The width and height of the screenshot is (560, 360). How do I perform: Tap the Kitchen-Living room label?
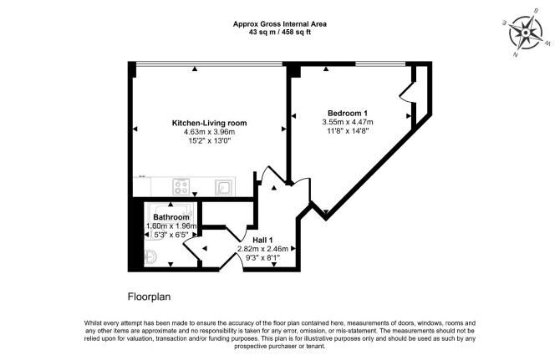tap(209, 123)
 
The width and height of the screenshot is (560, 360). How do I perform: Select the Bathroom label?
tap(171, 217)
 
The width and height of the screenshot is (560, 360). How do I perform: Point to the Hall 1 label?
tap(262, 240)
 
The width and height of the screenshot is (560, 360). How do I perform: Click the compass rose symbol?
tap(526, 33)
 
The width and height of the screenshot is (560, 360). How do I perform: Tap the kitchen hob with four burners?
tap(181, 187)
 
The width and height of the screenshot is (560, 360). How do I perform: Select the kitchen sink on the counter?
tap(224, 187)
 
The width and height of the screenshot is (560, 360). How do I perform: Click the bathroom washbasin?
tap(150, 256)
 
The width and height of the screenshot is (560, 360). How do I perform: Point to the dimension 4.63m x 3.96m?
tap(209, 132)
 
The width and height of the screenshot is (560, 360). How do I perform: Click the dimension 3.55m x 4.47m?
tap(348, 122)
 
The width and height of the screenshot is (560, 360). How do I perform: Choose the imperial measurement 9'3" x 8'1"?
tap(262, 257)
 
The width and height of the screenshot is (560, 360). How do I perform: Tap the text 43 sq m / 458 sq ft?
tap(280, 32)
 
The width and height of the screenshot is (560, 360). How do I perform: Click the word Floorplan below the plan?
tap(150, 297)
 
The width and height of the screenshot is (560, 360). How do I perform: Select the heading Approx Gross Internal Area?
tap(280, 24)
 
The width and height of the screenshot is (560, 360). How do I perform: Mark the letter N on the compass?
tap(516, 54)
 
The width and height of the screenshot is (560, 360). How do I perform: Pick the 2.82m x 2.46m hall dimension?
tap(262, 249)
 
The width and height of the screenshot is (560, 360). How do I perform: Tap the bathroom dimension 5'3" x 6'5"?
tap(171, 235)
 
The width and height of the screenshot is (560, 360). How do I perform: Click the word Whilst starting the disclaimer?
tap(94, 323)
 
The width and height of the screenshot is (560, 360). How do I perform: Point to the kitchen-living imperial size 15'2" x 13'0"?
tap(209, 141)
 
